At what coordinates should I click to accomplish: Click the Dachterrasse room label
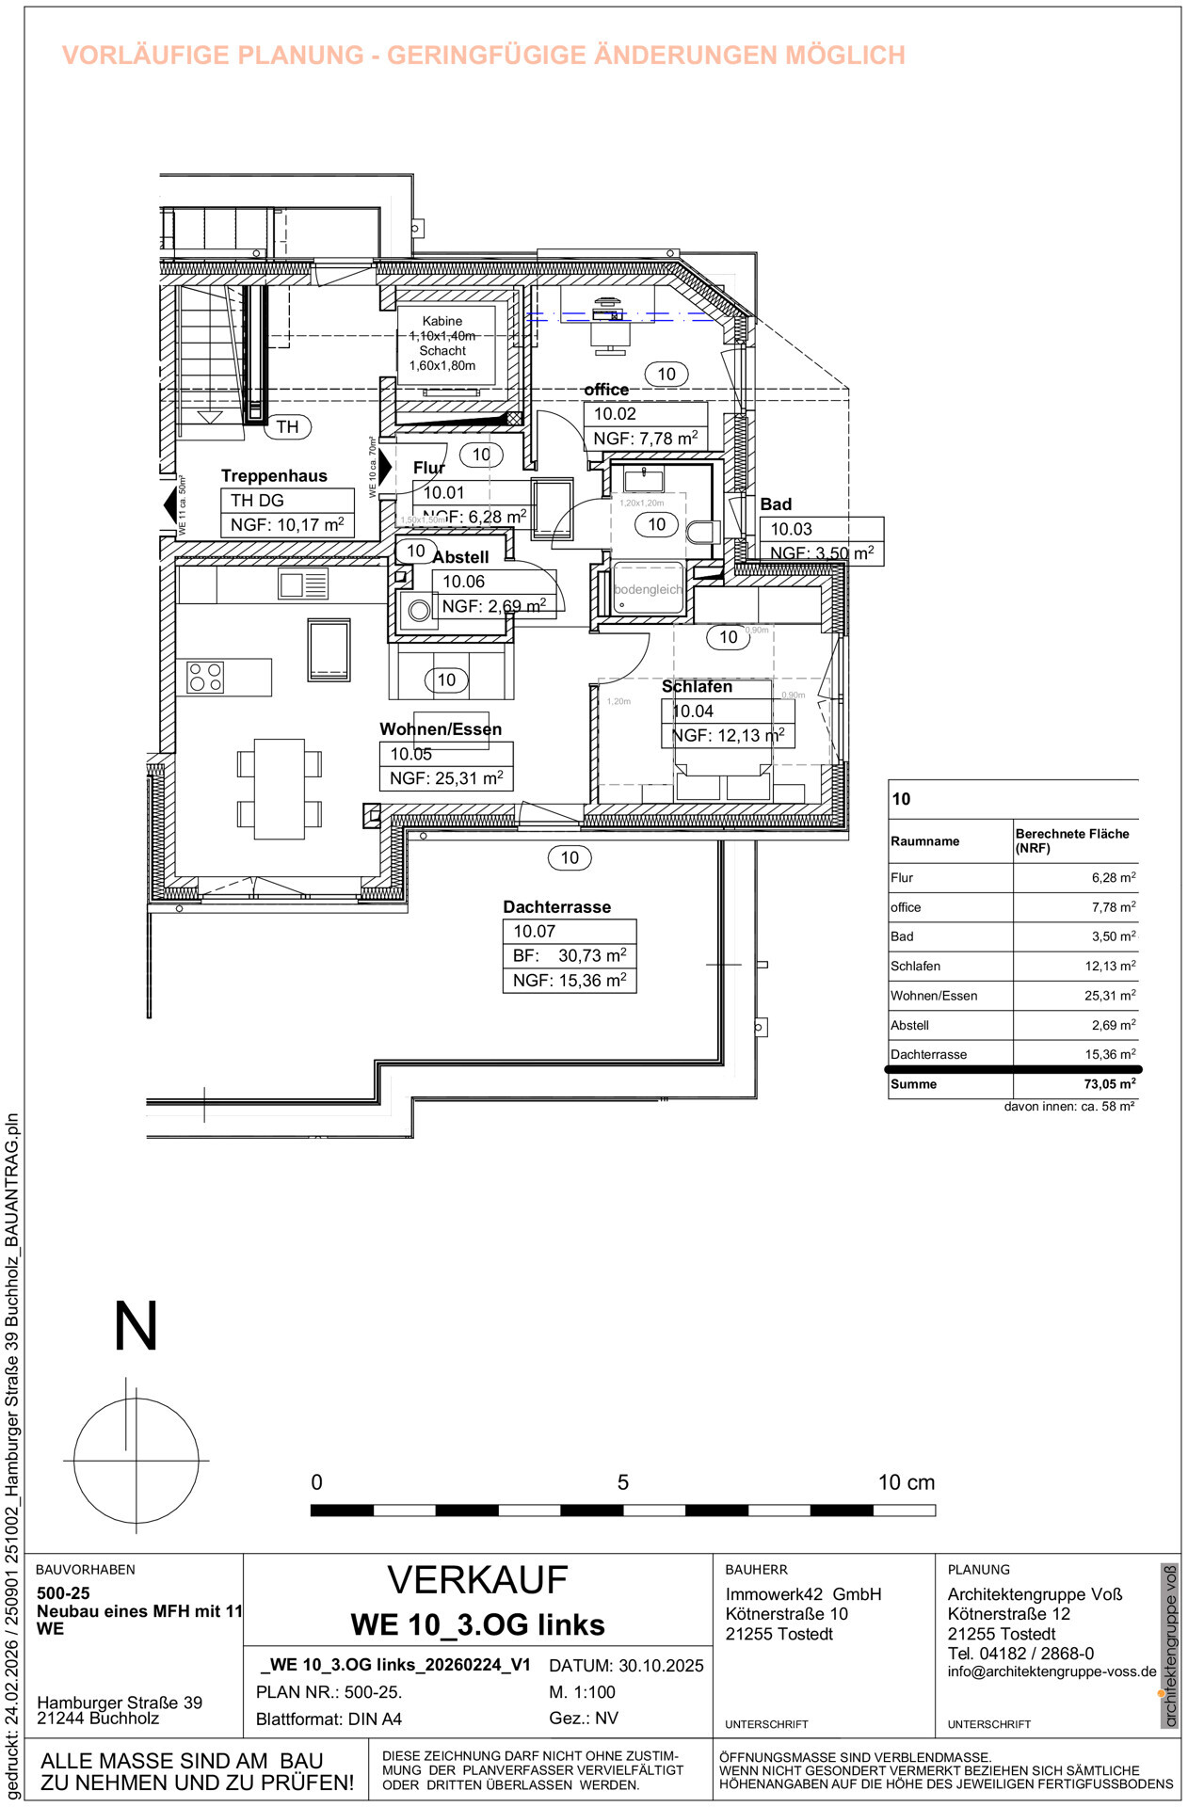[556, 906]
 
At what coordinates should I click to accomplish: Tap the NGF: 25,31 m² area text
[446, 778]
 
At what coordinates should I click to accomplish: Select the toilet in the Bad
[701, 533]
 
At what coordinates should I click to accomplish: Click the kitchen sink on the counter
[303, 584]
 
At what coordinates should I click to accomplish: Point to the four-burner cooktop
[205, 677]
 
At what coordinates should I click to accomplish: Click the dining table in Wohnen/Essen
[280, 789]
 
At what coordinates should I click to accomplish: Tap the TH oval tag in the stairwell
[287, 426]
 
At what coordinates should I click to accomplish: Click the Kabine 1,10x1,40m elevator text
[442, 328]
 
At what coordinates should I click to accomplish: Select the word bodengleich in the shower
[648, 589]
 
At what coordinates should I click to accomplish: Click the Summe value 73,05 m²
[1109, 1084]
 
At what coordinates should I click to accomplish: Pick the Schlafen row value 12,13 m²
[1110, 967]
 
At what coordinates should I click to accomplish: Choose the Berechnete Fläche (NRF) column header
[1071, 840]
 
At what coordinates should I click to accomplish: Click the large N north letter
[136, 1327]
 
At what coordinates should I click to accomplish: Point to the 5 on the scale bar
[622, 1482]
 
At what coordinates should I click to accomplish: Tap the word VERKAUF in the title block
[477, 1580]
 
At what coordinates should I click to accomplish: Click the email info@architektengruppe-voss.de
[1052, 1672]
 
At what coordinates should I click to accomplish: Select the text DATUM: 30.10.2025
[626, 1666]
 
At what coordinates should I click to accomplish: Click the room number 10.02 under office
[615, 414]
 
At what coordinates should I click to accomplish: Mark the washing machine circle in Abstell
[419, 611]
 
